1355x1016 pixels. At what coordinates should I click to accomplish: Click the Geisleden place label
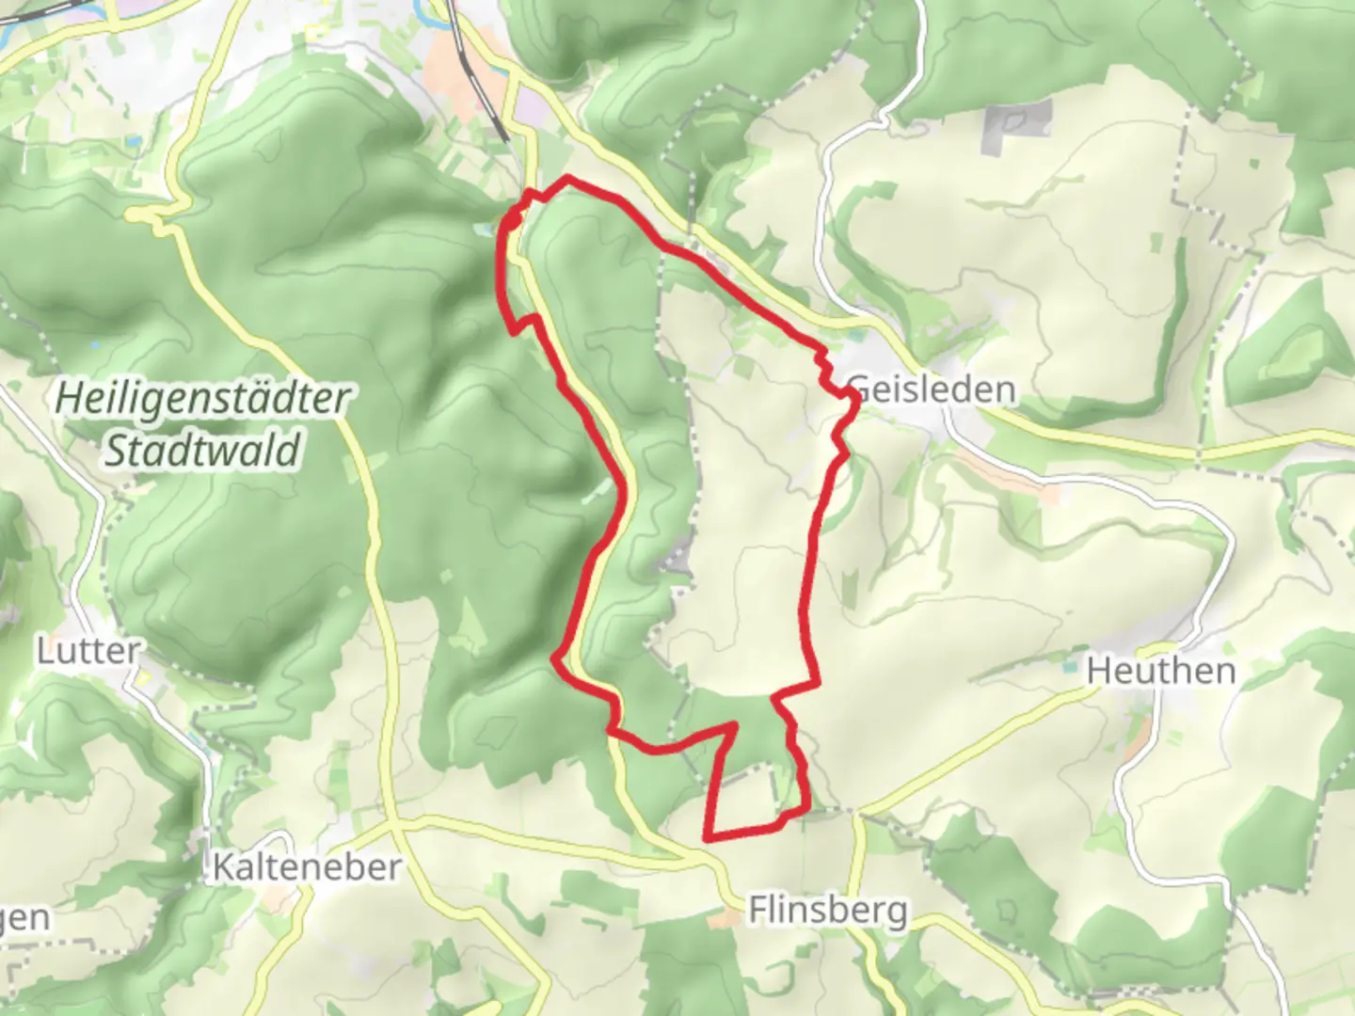pos(932,389)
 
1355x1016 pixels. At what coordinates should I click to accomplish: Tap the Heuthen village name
pos(1160,671)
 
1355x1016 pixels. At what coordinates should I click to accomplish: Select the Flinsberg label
pos(828,910)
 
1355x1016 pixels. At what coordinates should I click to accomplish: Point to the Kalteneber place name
pos(307,866)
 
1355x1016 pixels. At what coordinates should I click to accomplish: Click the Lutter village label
pos(88,650)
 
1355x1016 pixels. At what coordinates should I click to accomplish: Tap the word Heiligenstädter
pos(202,398)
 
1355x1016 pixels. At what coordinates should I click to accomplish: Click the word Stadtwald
pos(202,450)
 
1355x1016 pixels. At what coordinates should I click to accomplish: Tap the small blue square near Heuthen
pos(1070,667)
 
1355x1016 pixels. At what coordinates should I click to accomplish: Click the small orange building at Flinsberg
pos(724,918)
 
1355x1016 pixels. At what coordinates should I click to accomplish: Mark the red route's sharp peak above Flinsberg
pos(733,725)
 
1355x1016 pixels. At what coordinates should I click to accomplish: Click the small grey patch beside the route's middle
pos(677,564)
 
